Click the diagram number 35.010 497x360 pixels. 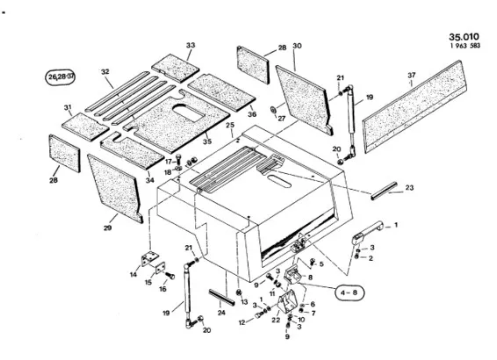pyautogui.click(x=464, y=37)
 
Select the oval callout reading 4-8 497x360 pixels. pyautogui.click(x=349, y=292)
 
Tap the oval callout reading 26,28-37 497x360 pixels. pyautogui.click(x=61, y=77)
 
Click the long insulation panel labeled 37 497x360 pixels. pyautogui.click(x=414, y=106)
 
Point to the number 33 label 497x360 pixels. pyautogui.click(x=191, y=46)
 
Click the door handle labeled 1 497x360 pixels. pyautogui.click(x=367, y=232)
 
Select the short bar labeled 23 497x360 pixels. pyautogui.click(x=384, y=191)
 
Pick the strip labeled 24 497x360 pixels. pyautogui.click(x=221, y=298)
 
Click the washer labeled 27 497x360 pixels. pyautogui.click(x=272, y=110)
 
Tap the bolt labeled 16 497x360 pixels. pyautogui.click(x=169, y=276)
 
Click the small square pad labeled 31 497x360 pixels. pyautogui.click(x=85, y=126)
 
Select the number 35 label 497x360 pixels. pyautogui.click(x=207, y=141)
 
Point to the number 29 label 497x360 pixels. pyautogui.click(x=107, y=227)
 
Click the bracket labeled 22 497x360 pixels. pyautogui.click(x=287, y=304)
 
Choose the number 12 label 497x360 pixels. pyautogui.click(x=242, y=322)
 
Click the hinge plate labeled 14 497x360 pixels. pyautogui.click(x=149, y=258)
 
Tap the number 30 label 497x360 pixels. pyautogui.click(x=297, y=46)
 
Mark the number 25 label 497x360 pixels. pyautogui.click(x=230, y=126)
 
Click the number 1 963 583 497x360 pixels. pyautogui.click(x=465, y=46)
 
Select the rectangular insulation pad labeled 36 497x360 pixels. pyautogui.click(x=221, y=92)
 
